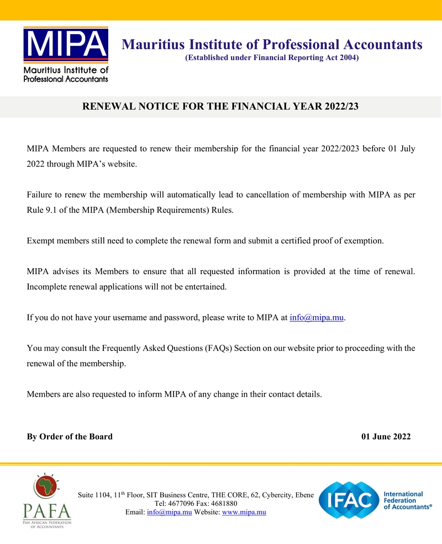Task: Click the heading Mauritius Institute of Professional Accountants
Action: [x=272, y=44]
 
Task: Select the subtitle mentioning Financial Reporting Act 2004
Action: [x=272, y=58]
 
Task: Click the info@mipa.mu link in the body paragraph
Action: [x=317, y=318]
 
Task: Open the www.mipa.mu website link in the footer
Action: [x=244, y=513]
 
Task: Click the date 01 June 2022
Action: [x=386, y=436]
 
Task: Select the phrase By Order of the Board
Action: [x=70, y=436]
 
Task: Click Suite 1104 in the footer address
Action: [x=94, y=495]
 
